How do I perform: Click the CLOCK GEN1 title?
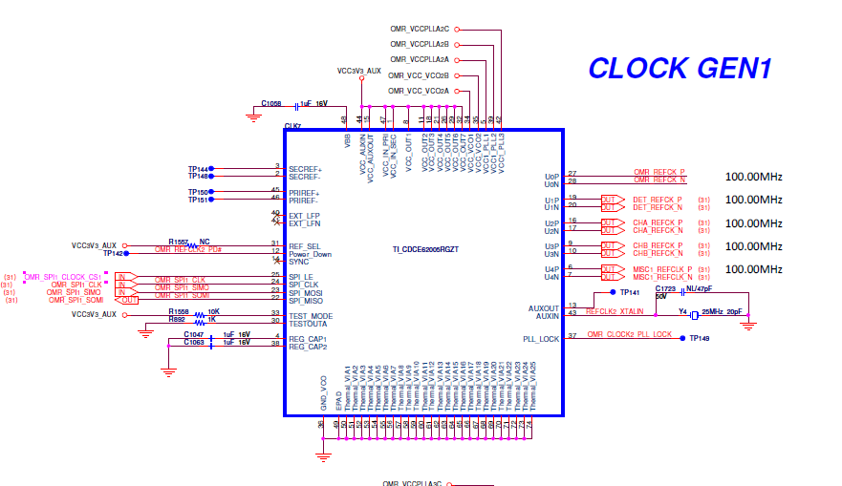tap(680, 68)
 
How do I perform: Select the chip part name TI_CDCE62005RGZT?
tap(425, 249)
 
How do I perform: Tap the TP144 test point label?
tap(198, 169)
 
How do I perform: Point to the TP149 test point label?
tap(701, 338)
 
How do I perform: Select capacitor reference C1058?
tap(271, 103)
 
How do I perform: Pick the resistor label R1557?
tap(179, 242)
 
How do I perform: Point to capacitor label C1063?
tap(194, 343)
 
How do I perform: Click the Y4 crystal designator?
tap(683, 311)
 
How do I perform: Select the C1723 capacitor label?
tap(665, 288)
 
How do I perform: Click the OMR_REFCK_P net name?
tap(659, 173)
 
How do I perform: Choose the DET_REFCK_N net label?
tap(658, 207)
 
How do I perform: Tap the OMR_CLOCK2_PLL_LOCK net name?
tap(631, 334)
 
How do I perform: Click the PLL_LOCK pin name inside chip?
tap(540, 339)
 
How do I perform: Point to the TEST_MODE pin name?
tap(311, 315)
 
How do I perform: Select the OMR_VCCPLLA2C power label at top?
tap(420, 29)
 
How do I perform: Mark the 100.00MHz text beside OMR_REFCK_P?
tap(754, 177)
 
